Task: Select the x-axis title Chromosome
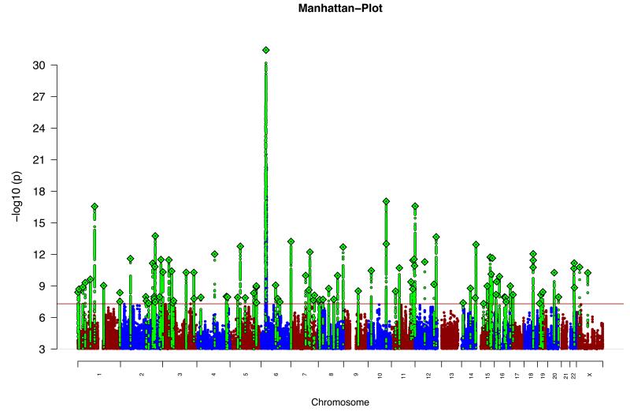(340, 402)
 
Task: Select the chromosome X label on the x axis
(590, 377)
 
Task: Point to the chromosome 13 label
(451, 377)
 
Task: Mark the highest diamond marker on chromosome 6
(266, 50)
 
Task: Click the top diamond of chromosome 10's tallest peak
(386, 201)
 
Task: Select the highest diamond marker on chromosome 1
(94, 207)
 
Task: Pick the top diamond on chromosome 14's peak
(476, 245)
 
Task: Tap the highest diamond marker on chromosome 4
(214, 254)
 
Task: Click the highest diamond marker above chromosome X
(587, 273)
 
